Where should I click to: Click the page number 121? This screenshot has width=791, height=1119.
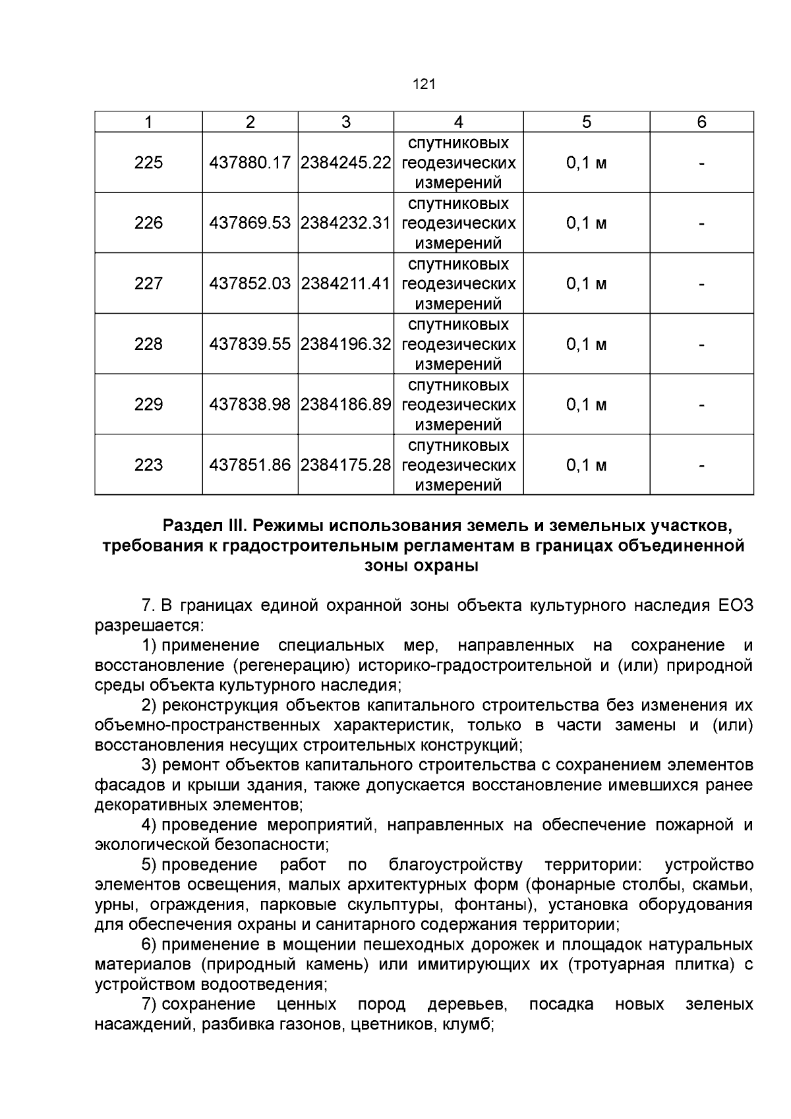[424, 84]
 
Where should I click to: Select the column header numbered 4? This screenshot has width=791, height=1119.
[458, 122]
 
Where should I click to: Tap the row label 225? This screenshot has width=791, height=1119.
[148, 163]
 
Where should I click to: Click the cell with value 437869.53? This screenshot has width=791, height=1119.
[250, 223]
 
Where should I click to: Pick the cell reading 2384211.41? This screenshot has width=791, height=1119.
[346, 283]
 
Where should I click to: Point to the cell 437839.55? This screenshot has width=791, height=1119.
[250, 344]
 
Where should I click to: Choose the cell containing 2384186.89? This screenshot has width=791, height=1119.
[346, 405]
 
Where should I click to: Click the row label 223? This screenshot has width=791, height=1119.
[148, 465]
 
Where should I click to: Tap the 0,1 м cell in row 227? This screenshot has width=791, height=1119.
[586, 283]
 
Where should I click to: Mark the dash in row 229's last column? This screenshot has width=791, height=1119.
[701, 405]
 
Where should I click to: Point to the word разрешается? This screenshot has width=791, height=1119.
[148, 625]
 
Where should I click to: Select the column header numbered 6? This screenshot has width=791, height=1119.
[701, 122]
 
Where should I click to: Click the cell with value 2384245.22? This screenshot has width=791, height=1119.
[346, 163]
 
